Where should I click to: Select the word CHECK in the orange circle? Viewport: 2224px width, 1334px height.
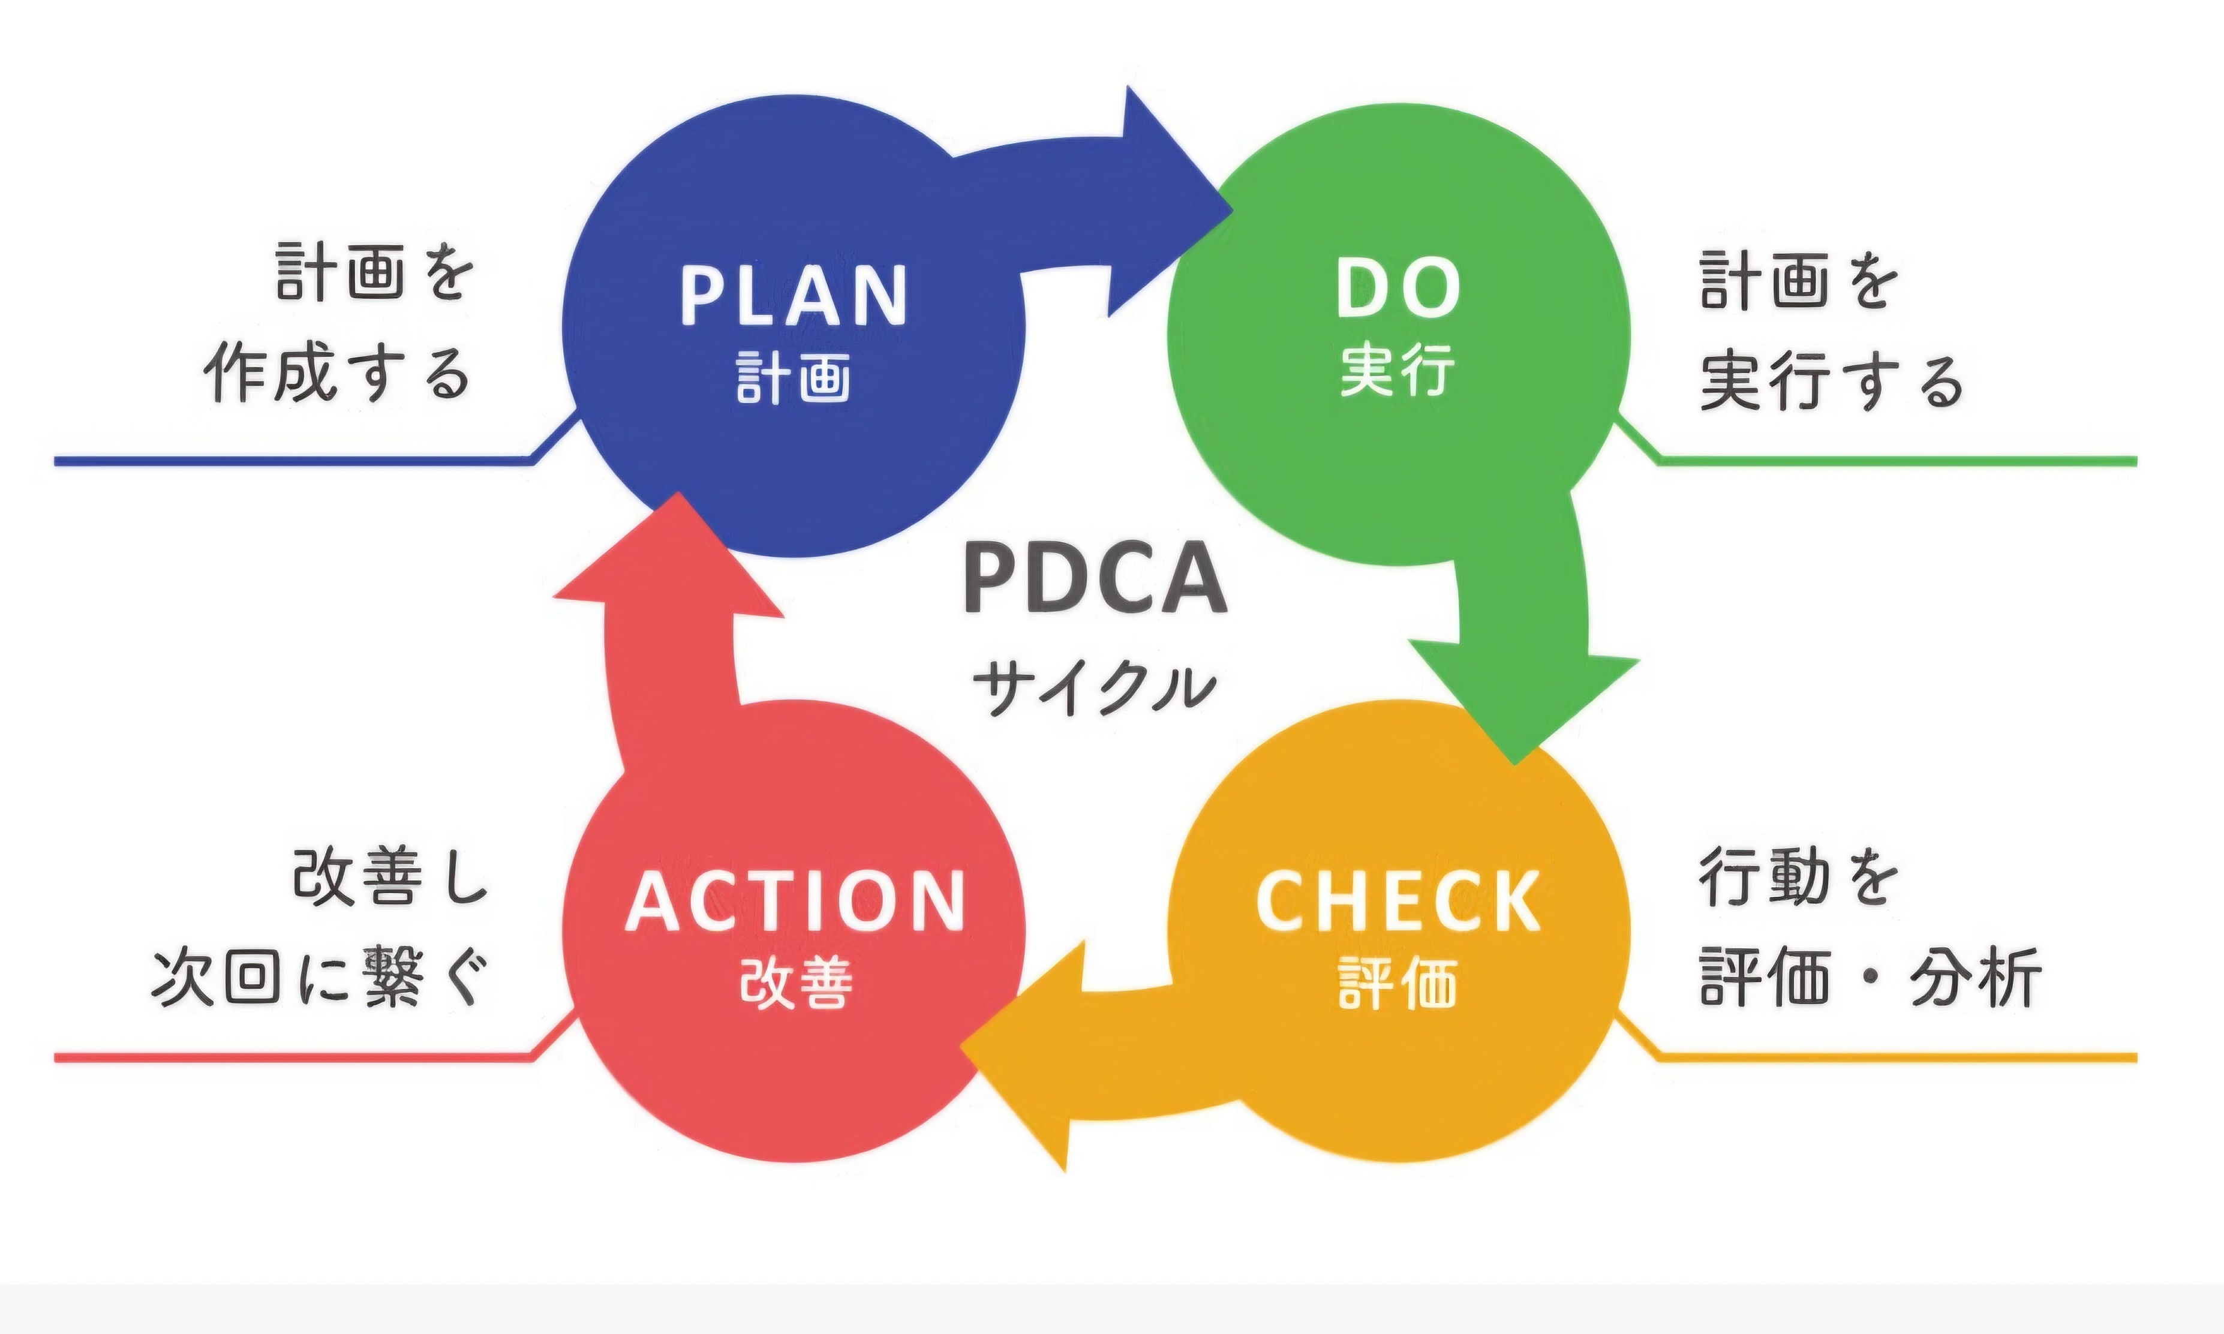pos(1397,902)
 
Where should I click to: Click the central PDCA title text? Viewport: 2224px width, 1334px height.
pos(1095,580)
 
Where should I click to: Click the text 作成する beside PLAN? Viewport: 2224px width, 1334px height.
pos(337,373)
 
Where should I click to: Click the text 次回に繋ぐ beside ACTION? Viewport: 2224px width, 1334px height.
pos(319,977)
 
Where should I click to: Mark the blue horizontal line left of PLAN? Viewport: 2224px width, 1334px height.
pos(287,461)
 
